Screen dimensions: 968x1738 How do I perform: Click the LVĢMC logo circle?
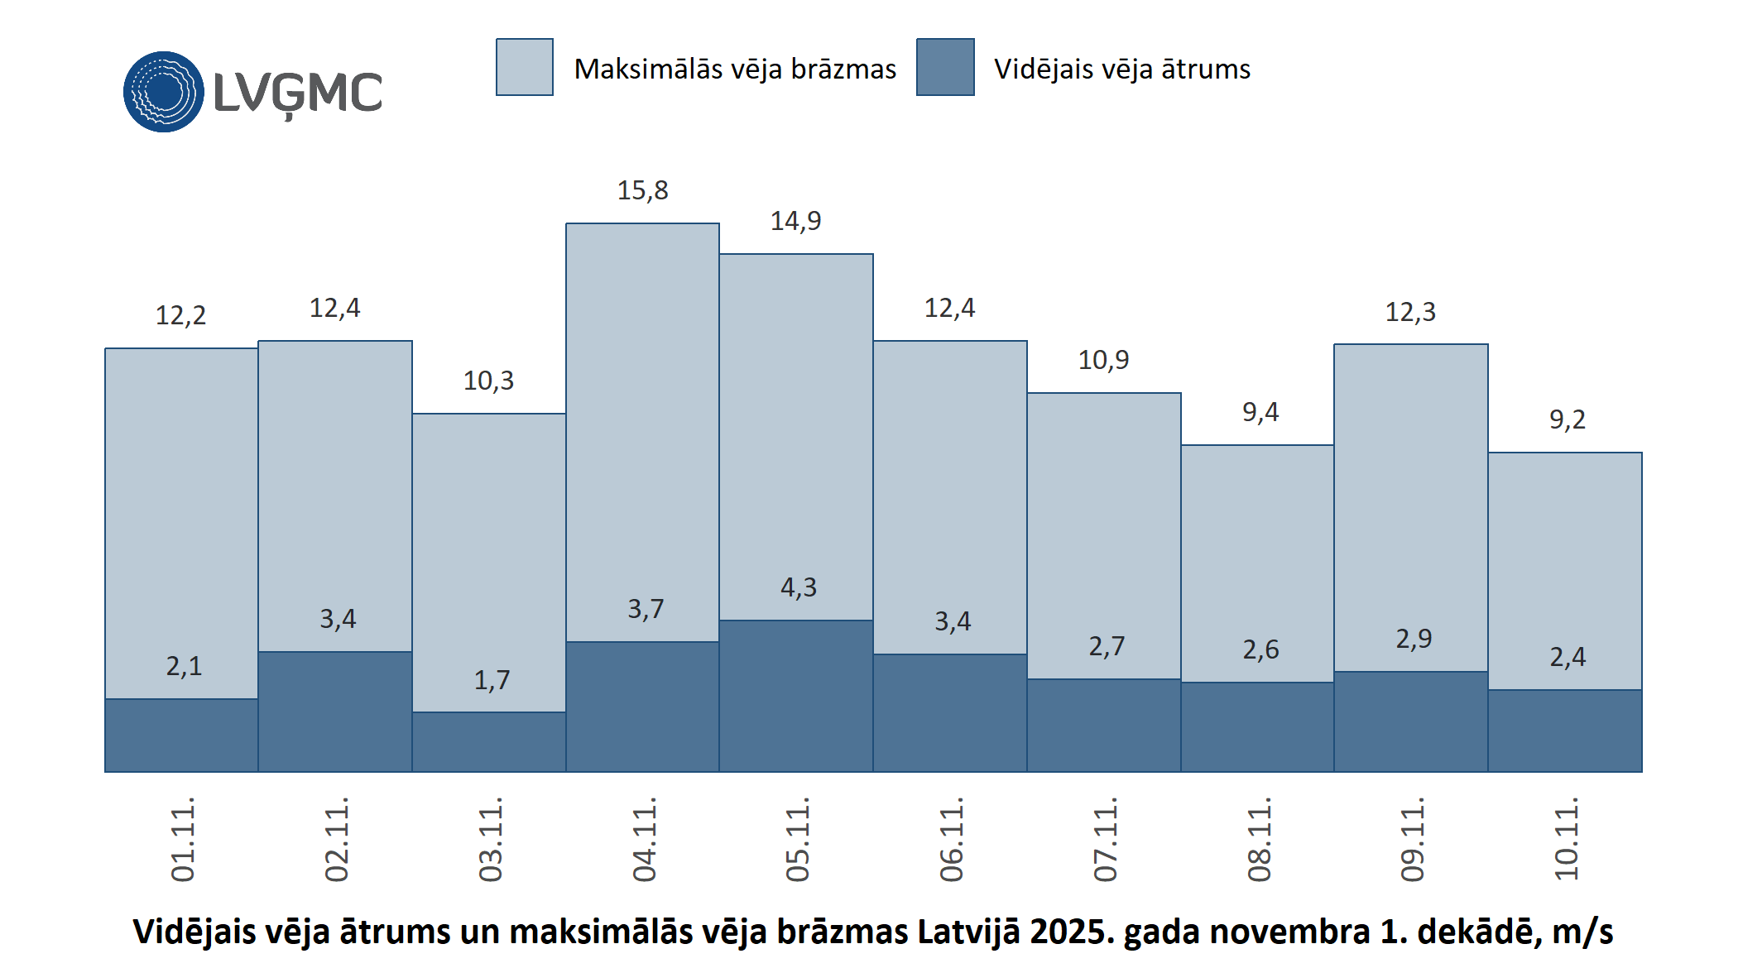point(164,92)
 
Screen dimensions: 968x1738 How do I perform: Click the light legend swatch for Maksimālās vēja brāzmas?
point(525,67)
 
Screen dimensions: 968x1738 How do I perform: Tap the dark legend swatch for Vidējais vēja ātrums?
point(945,67)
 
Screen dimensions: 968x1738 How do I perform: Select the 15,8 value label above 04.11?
point(642,190)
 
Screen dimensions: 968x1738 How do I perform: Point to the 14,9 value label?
point(795,221)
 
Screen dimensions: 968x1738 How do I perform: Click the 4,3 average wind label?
point(799,587)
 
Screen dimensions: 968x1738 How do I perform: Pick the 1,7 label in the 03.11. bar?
point(492,680)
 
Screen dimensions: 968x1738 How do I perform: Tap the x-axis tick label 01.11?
point(183,839)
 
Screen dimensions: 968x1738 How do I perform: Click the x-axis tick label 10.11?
point(1567,839)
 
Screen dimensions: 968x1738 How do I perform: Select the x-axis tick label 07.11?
point(1106,839)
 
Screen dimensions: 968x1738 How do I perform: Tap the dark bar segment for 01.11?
point(181,736)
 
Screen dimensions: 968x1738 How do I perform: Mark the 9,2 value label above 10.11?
point(1568,419)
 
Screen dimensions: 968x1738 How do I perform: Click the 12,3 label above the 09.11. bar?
point(1410,312)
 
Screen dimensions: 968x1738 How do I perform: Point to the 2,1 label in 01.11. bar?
point(184,666)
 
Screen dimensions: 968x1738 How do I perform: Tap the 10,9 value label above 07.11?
point(1103,360)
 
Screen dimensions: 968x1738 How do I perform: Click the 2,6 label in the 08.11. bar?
point(1260,649)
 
